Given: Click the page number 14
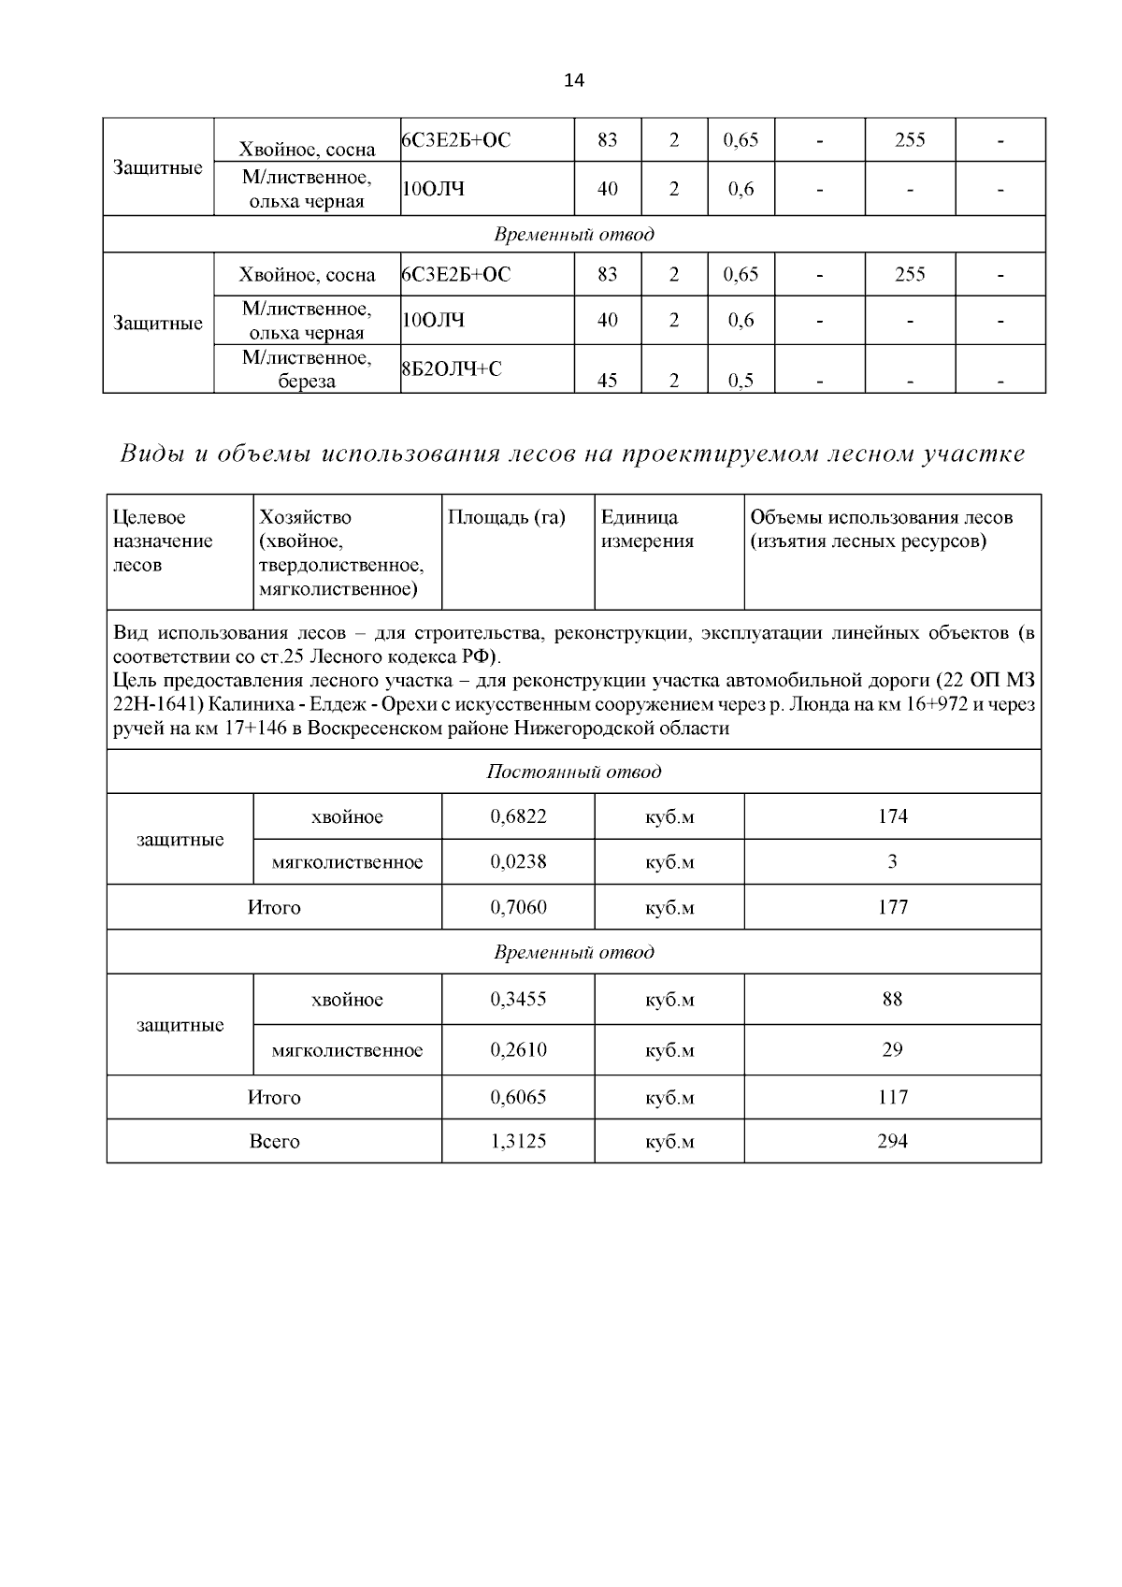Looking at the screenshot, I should click(x=574, y=80).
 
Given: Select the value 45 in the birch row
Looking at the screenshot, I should click(x=607, y=381).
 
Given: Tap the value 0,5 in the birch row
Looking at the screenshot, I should click(x=741, y=381).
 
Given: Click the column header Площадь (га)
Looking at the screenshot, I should click(x=506, y=517).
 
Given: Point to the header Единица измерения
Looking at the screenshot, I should click(x=647, y=529).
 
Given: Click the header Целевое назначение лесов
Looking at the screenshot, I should click(x=163, y=541).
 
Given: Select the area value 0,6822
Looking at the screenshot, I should click(x=518, y=816).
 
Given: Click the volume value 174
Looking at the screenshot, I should click(x=892, y=816).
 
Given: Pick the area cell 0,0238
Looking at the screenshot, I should click(x=518, y=861).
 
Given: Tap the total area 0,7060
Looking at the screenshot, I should click(x=518, y=907).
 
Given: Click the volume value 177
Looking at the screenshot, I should click(x=892, y=907).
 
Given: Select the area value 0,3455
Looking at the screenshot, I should click(x=518, y=999).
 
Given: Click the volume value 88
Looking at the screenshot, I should click(x=892, y=999).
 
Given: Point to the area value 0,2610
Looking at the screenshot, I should click(x=518, y=1049).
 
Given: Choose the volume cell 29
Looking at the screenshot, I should click(x=892, y=1049).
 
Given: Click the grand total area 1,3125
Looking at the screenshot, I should click(x=518, y=1141).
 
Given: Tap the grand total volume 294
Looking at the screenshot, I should click(x=892, y=1141).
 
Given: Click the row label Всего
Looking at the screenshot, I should click(x=274, y=1141).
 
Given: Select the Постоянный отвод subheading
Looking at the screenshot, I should click(x=573, y=772).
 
